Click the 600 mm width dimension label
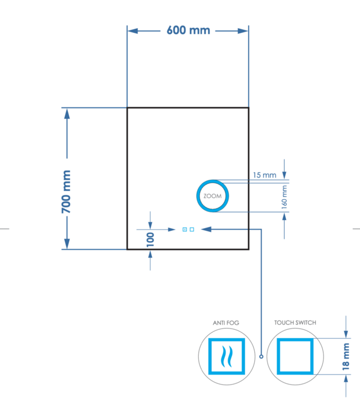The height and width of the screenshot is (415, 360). (x=188, y=30)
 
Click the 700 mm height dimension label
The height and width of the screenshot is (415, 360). (x=66, y=192)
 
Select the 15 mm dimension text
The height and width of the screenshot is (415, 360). (x=264, y=175)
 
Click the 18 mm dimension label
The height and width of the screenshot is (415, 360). (x=346, y=356)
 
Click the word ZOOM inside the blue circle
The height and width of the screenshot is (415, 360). (x=212, y=196)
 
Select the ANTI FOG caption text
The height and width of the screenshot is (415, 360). (x=226, y=323)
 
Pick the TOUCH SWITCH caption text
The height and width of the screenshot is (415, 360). (x=295, y=323)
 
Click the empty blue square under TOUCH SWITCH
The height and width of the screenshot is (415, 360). (x=295, y=355)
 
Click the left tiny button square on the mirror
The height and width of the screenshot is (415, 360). (x=185, y=229)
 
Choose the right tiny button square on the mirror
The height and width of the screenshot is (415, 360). (x=192, y=229)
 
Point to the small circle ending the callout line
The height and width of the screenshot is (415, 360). (x=261, y=357)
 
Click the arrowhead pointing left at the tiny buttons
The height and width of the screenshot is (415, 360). (x=205, y=227)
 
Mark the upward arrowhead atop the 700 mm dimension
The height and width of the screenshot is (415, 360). (x=67, y=113)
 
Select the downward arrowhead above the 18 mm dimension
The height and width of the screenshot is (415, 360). (x=346, y=333)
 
